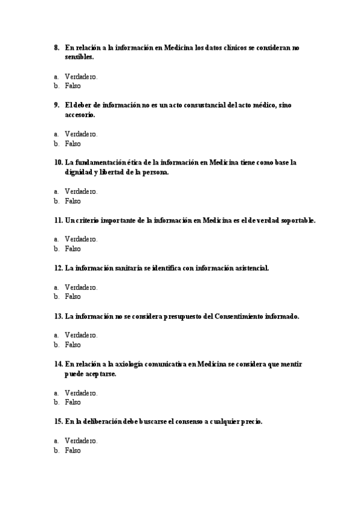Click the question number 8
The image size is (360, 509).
pyautogui.click(x=56, y=47)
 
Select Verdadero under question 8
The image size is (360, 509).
pyautogui.click(x=81, y=77)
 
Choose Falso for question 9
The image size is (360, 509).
pyautogui.click(x=73, y=144)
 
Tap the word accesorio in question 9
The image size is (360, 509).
pyautogui.click(x=79, y=115)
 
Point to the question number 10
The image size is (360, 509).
pyautogui.click(x=58, y=163)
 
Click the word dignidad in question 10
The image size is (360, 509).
pyautogui.click(x=78, y=172)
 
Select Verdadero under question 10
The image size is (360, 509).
pyautogui.click(x=81, y=191)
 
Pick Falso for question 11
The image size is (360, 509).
pyautogui.click(x=73, y=248)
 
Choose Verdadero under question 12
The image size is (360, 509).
pyautogui.click(x=81, y=288)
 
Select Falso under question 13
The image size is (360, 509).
pyautogui.click(x=73, y=345)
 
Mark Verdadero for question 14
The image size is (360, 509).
pyautogui.click(x=81, y=393)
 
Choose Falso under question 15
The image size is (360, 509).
pyautogui.click(x=73, y=450)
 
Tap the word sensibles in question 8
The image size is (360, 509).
pyautogui.click(x=79, y=57)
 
